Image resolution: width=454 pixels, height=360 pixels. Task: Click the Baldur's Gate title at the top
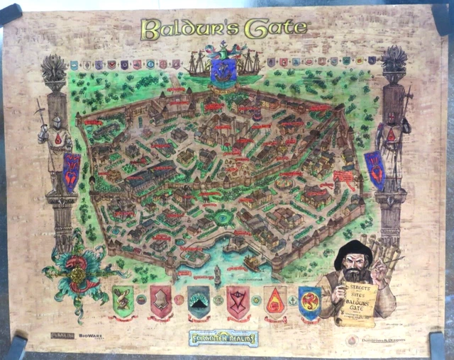tap(225, 29)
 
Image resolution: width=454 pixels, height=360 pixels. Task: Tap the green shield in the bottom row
tap(123, 300)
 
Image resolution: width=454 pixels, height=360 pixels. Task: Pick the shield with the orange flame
tap(275, 300)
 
